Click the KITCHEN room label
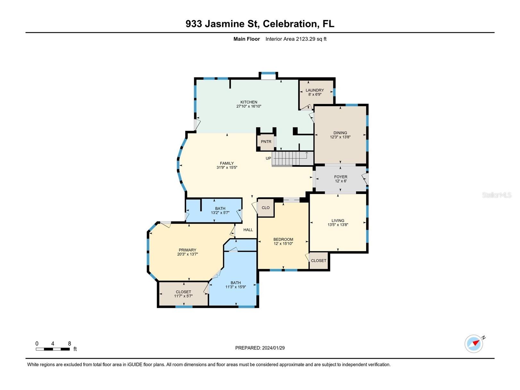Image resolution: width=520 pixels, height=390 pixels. [249, 102]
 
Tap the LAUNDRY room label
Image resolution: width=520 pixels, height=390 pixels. [315, 90]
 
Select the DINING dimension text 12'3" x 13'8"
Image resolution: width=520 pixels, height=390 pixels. [340, 137]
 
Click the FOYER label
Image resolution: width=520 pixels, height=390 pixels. [340, 177]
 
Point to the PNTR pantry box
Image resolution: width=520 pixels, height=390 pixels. [266, 142]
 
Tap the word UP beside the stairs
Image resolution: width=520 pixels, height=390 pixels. [268, 158]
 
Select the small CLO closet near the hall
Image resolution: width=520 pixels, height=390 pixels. [265, 208]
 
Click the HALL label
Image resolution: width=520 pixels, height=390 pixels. [248, 230]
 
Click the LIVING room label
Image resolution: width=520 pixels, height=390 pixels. [338, 221]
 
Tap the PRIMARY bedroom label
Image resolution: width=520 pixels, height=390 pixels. [187, 250]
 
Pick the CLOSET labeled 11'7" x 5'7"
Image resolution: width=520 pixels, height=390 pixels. [183, 294]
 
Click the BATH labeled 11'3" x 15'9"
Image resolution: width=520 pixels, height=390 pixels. [235, 285]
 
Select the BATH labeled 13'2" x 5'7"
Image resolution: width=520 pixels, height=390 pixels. [220, 211]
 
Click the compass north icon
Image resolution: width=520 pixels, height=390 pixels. [474, 344]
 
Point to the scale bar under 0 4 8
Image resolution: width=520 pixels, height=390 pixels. [53, 349]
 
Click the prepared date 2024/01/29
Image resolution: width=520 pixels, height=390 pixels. [273, 348]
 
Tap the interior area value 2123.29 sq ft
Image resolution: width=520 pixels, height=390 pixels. [311, 39]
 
